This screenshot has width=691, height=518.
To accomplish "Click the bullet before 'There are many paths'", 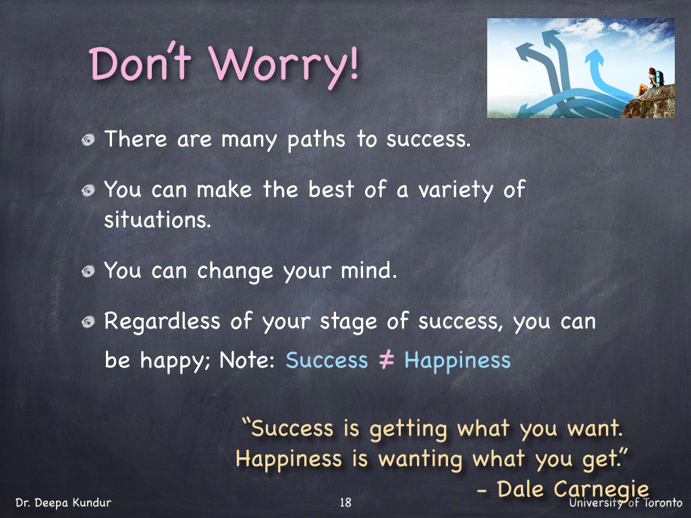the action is [88, 140].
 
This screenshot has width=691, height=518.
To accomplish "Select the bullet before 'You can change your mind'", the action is [88, 271].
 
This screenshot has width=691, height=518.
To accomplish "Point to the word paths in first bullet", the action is [316, 140].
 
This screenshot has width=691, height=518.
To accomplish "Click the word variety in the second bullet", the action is [455, 190].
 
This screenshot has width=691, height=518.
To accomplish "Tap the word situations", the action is [158, 219].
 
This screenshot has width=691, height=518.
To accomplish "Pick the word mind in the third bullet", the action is [369, 270].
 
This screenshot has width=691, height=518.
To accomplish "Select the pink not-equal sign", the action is [386, 360].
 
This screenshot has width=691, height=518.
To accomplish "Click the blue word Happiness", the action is [458, 362].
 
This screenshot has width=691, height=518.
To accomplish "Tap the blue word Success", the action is [327, 360].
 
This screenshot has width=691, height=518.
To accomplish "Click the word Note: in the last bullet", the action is [247, 360].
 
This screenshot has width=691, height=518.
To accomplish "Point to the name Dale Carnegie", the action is [573, 490].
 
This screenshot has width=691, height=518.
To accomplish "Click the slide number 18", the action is [346, 502].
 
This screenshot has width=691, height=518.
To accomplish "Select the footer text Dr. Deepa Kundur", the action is [63, 502].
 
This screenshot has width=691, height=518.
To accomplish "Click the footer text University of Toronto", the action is [626, 502].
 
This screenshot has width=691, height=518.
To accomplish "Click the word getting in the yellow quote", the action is [408, 429].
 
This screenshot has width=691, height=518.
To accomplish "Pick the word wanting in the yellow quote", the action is [420, 459].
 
